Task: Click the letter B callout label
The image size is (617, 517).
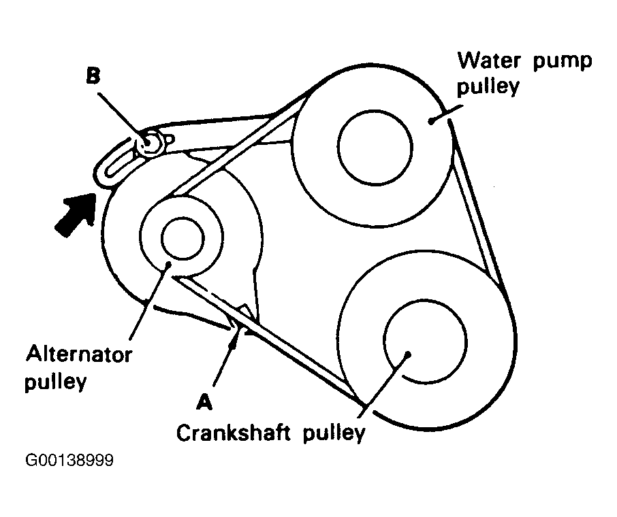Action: [93, 76]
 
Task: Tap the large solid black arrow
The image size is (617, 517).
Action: [74, 213]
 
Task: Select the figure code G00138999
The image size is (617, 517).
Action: [69, 461]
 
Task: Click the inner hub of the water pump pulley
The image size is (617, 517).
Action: [373, 144]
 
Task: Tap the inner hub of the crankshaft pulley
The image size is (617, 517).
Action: [426, 339]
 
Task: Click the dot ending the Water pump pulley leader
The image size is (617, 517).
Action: [431, 120]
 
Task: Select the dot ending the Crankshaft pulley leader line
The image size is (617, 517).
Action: [407, 353]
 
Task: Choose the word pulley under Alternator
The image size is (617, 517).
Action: [56, 382]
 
